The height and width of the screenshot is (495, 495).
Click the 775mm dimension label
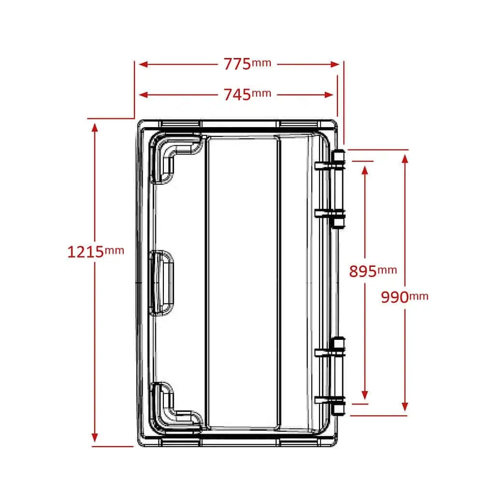(247, 64)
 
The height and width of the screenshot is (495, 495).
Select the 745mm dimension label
(247, 95)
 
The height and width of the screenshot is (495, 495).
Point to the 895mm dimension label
(372, 271)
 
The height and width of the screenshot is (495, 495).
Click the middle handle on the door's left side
(162, 282)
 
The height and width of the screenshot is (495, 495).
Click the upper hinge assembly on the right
(337, 188)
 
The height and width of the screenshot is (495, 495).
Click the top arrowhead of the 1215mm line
(95, 128)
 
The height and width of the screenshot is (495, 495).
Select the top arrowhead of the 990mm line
(405, 159)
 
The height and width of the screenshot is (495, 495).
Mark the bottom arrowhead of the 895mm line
(364, 394)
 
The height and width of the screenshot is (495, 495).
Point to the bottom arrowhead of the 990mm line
(405, 406)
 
